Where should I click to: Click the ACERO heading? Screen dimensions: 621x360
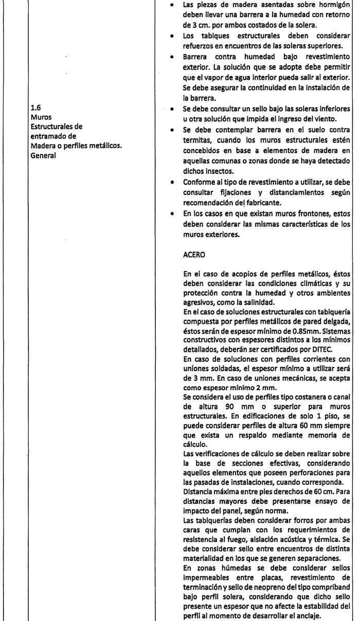(x=193, y=253)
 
